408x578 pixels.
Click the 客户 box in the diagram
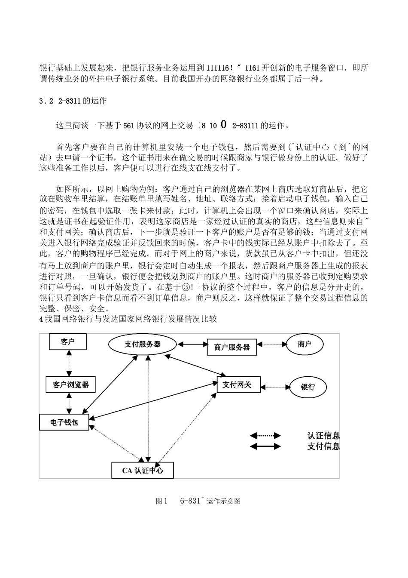coord(67,342)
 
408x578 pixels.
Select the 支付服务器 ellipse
coord(143,344)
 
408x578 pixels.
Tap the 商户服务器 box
coord(232,347)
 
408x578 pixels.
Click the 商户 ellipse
coord(304,344)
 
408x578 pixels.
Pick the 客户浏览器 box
coord(71,384)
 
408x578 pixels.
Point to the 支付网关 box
coord(237,384)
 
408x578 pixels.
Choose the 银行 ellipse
coord(308,386)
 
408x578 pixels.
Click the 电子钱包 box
coord(64,422)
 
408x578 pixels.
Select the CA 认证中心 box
coord(143,470)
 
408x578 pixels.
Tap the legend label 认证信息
coord(323,436)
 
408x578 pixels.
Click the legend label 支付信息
coord(323,446)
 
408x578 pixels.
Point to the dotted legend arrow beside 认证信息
coord(265,436)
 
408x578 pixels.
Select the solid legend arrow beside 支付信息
coord(265,446)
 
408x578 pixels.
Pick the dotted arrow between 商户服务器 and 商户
coord(271,344)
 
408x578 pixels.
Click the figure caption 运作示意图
coord(223,501)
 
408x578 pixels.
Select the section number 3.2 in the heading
coord(46,101)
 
